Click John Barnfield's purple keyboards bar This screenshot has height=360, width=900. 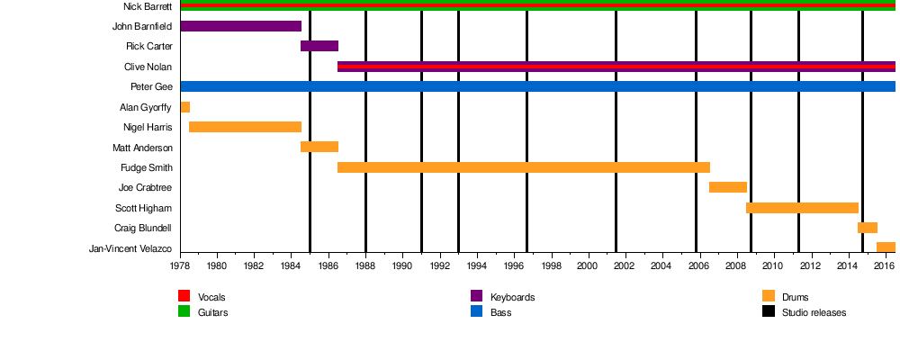[240, 26]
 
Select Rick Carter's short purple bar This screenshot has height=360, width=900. [319, 46]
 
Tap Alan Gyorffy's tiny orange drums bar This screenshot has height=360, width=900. [184, 107]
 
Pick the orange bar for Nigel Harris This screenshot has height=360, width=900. [245, 127]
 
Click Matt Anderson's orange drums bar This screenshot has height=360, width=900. [319, 147]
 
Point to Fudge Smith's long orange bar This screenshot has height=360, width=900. [523, 167]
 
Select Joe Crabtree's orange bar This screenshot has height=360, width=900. [727, 187]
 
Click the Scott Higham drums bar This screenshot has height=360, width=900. [802, 208]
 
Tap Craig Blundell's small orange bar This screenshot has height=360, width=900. [868, 228]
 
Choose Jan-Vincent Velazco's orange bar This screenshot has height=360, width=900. [886, 247]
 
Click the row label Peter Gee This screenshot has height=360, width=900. [151, 87]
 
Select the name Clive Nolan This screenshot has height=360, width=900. [148, 67]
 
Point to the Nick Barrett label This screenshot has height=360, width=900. [148, 6]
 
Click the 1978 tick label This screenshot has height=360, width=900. [180, 265]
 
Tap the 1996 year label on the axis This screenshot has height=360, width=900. [514, 265]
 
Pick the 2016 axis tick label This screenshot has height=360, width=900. [885, 265]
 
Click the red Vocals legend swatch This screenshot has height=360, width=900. [184, 296]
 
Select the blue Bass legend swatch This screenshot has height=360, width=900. [477, 312]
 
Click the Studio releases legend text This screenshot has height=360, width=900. [814, 312]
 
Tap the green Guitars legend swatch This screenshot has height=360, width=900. [184, 312]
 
